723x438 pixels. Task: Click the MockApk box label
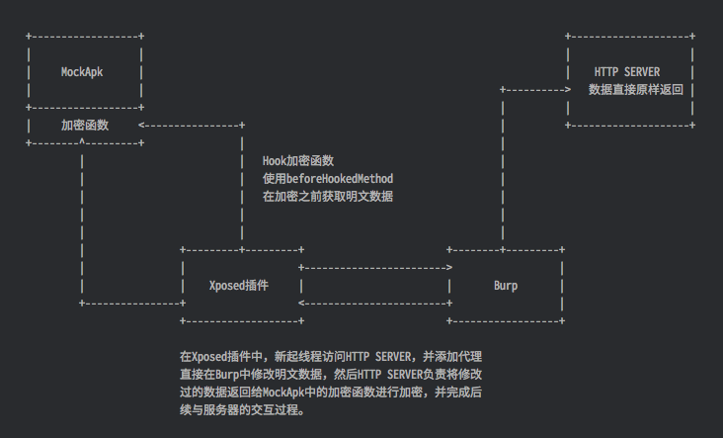point(84,72)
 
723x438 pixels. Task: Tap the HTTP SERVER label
point(627,72)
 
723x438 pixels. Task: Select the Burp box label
point(506,286)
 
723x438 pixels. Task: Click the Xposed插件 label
point(239,286)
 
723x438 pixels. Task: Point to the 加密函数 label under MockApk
point(84,126)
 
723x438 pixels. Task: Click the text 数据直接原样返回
point(635,90)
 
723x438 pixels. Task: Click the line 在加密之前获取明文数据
point(328,197)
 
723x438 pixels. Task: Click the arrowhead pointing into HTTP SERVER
point(567,90)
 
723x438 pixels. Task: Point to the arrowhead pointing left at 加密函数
point(142,126)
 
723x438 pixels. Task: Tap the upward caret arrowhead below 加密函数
point(81,142)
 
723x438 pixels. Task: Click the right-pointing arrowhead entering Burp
point(449,268)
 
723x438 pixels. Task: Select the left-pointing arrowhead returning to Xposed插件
point(302,304)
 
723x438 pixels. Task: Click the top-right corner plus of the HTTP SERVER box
point(691,37)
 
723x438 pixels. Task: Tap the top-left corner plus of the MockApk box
point(29,37)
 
